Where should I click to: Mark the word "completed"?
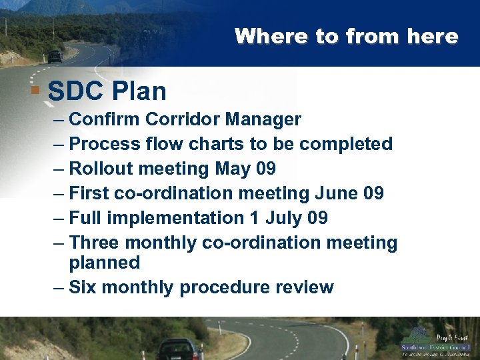coord(345,144)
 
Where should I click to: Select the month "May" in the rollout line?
coord(233,169)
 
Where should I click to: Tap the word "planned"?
coord(104,263)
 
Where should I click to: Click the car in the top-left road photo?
coord(55,57)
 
